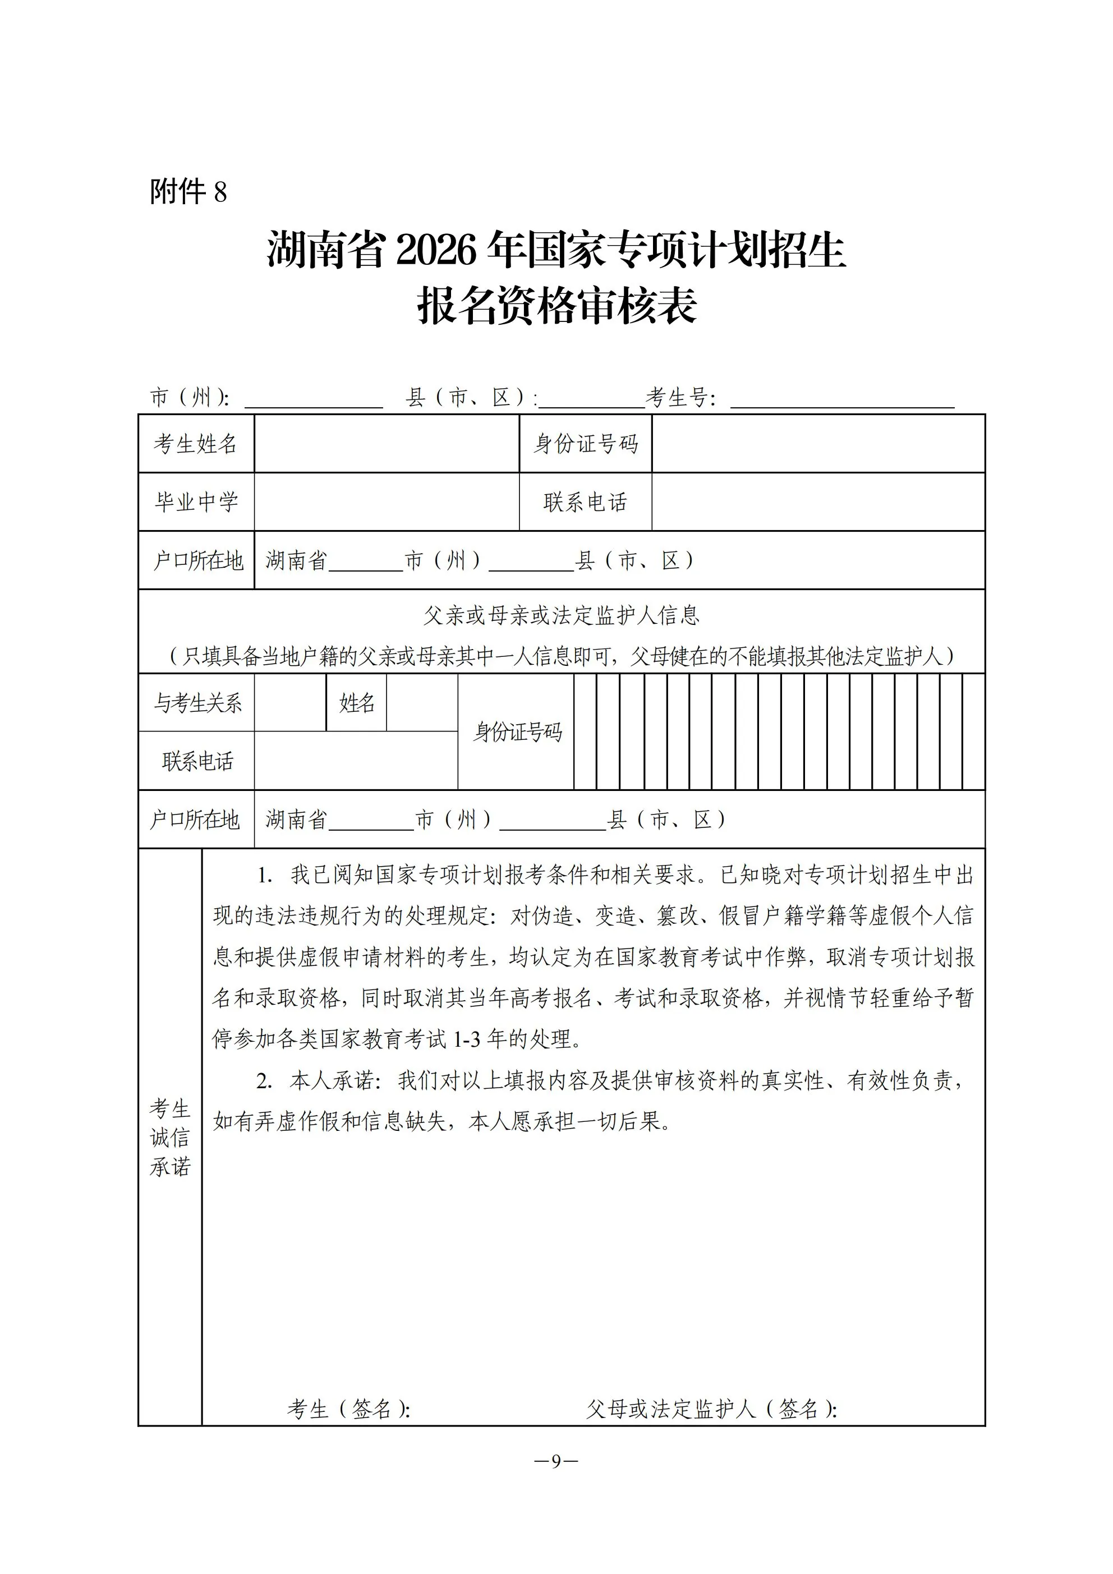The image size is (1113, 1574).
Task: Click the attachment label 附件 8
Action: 188,192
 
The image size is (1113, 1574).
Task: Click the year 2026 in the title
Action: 435,251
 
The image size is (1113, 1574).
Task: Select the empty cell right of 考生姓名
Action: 386,444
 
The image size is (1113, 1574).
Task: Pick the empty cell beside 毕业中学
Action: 386,502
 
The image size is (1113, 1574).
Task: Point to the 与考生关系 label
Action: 197,703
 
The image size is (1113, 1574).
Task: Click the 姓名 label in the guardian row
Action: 357,703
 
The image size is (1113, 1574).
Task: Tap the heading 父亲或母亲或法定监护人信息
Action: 561,615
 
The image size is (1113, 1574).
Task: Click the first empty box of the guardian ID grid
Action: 585,731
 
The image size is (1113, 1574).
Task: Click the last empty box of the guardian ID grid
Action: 973,731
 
